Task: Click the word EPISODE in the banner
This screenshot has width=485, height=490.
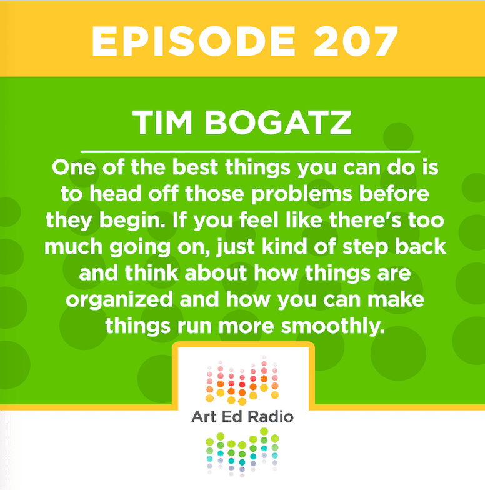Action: click(x=194, y=41)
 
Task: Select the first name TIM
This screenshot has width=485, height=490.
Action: click(x=162, y=122)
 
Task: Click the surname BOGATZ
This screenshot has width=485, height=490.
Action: click(x=278, y=122)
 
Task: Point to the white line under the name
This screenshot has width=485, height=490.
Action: click(x=251, y=151)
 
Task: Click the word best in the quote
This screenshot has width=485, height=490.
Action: click(x=195, y=167)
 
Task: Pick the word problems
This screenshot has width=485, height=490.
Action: click(x=301, y=194)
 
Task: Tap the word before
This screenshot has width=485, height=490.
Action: click(x=394, y=194)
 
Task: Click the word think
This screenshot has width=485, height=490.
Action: click(x=151, y=272)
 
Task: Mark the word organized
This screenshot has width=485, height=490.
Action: click(x=119, y=300)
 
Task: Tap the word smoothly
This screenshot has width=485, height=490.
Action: click(x=332, y=327)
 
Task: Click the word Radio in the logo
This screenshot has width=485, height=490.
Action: click(x=271, y=417)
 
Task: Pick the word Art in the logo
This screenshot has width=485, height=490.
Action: click(x=204, y=417)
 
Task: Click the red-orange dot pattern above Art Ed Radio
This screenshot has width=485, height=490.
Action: click(x=242, y=380)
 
